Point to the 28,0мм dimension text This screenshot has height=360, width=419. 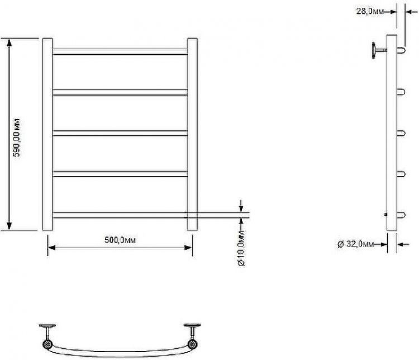(370, 10)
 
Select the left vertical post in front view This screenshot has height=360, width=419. (47, 134)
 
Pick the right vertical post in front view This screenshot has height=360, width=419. (192, 134)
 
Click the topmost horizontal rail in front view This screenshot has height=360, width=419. (120, 52)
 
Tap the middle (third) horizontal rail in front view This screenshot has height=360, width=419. (120, 133)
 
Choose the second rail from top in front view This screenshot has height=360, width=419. (120, 92)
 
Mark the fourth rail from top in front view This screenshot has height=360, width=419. (120, 174)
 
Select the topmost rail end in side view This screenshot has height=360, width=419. (401, 51)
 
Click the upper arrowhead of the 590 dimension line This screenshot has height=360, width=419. (9, 42)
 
